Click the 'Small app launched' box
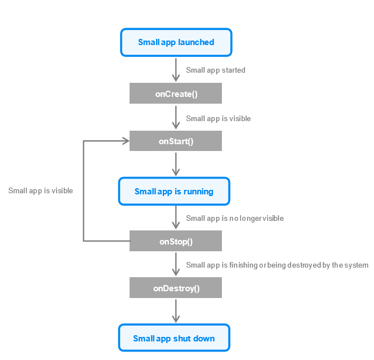pos(176,42)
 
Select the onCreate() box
pos(176,94)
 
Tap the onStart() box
pos(176,141)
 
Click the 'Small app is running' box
pos(174,191)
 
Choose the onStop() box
pos(176,241)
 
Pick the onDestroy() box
pos(176,287)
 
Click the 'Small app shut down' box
pos(174,338)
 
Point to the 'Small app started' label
pos(216,70)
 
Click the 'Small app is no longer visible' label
pos(235,218)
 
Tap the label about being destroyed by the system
pos(277,265)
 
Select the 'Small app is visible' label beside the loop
pos(41,190)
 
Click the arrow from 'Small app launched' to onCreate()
pos(176,70)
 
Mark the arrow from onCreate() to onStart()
pos(176,117)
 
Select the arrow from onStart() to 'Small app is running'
pos(176,165)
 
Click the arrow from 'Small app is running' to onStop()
pos(176,217)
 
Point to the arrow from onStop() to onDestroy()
pos(176,264)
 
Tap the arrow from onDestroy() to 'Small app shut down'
pos(176,311)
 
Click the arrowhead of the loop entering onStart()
pos(126,141)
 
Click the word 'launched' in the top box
pos(196,42)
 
